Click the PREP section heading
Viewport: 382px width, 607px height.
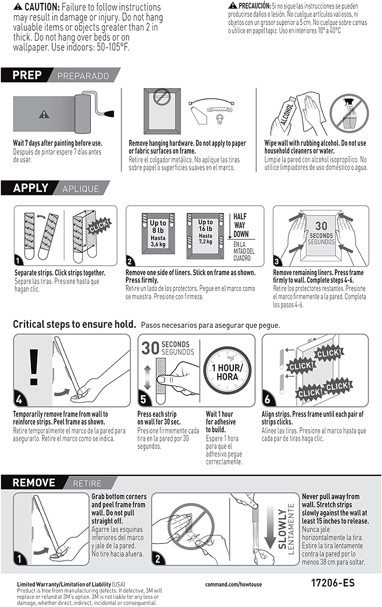(27, 75)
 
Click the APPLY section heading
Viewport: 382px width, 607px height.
(31, 188)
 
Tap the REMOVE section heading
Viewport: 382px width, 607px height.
(34, 483)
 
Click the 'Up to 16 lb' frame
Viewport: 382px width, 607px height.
(205, 235)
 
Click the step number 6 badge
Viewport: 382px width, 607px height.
(267, 399)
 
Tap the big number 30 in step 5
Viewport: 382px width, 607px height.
(150, 348)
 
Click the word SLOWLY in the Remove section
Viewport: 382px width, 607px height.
(282, 529)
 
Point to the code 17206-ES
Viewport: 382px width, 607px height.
(333, 583)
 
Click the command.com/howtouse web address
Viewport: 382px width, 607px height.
(233, 584)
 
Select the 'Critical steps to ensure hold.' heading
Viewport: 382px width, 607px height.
(74, 324)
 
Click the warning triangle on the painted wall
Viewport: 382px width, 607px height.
(44, 115)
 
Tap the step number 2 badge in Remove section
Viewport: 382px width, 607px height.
(158, 559)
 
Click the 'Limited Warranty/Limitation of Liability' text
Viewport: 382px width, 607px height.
(64, 584)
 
